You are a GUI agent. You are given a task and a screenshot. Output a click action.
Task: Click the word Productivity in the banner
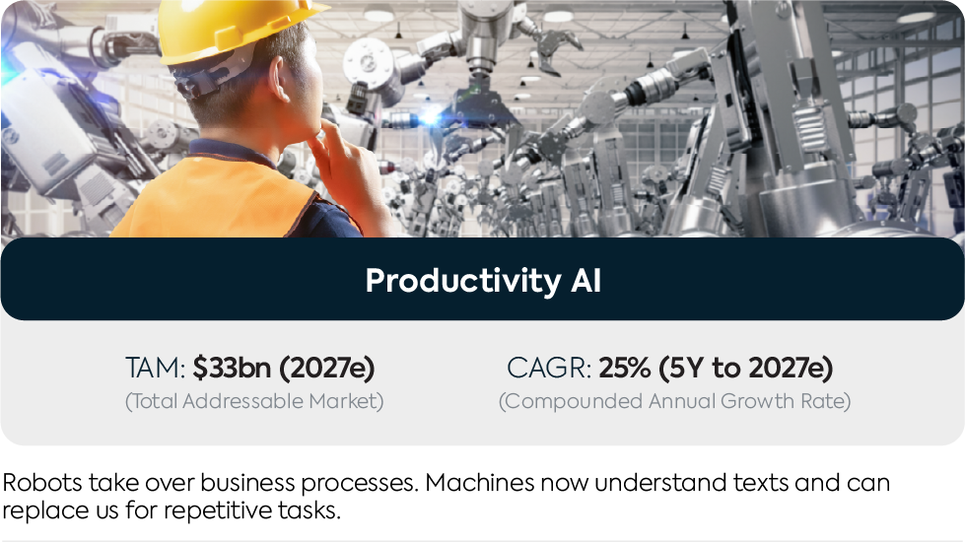(463, 281)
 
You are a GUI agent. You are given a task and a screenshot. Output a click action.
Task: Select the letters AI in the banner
(586, 280)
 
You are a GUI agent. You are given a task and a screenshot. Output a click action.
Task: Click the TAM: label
(155, 368)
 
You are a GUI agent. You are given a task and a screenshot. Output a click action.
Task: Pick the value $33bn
(232, 368)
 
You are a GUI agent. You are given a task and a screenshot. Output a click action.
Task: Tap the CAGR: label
(549, 368)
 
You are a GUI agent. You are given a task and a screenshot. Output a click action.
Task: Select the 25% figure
(625, 368)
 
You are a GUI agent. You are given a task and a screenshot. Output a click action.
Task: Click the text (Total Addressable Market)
(254, 401)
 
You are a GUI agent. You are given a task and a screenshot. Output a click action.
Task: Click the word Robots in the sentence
(41, 482)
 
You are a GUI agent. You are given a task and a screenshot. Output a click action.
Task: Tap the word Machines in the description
(479, 482)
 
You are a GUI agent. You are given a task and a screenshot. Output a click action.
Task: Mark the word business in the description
(248, 482)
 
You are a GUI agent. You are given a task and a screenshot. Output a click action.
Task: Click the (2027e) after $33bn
(327, 368)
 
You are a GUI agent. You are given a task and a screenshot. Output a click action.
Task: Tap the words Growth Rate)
(786, 401)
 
